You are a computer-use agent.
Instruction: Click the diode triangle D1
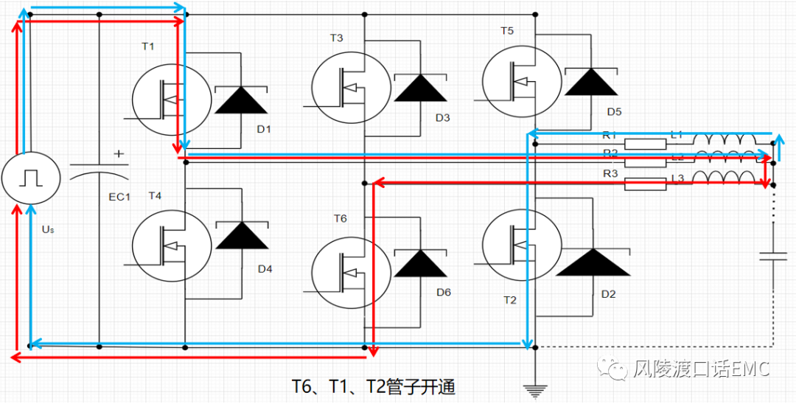pos(240,100)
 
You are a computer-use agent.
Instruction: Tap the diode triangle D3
pos(420,88)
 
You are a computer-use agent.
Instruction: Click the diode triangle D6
pos(420,263)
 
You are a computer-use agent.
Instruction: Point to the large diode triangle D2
pos(593,262)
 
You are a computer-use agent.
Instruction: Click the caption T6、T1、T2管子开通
pos(373,386)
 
